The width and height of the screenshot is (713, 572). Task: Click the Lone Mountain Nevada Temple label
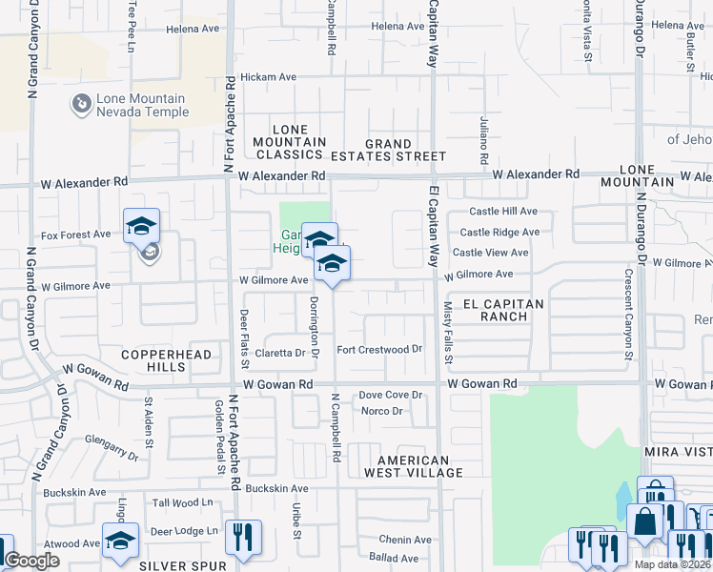coord(142,105)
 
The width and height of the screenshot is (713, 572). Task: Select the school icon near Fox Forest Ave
coord(141,226)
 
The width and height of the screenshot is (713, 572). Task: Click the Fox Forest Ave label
coord(76,235)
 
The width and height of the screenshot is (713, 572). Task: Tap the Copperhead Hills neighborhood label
coord(164,360)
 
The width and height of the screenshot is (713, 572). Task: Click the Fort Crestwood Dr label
coord(378,350)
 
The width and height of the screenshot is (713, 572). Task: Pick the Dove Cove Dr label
coord(390,395)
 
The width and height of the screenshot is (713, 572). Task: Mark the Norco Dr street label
coord(383,412)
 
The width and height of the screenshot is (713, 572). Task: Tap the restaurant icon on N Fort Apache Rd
coord(243,537)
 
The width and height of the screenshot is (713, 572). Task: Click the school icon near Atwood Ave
coord(120,540)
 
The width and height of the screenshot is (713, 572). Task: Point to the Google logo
coord(31,561)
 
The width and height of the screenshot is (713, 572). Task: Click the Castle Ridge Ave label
coord(499,232)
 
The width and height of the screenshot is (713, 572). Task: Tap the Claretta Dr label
coord(293,353)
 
